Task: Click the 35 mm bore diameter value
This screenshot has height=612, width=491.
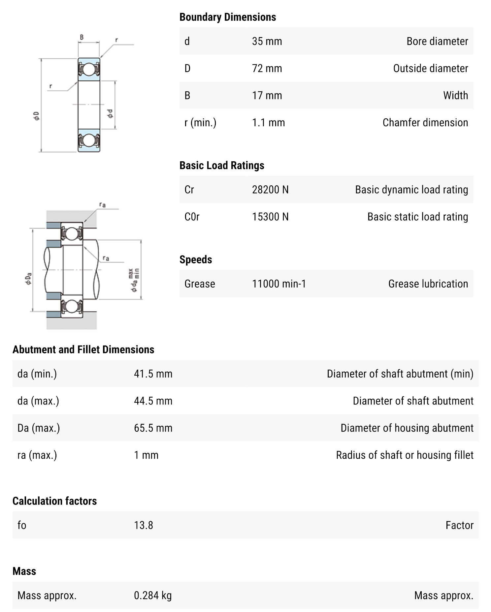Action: (x=267, y=41)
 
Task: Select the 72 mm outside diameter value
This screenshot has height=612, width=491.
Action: (x=267, y=68)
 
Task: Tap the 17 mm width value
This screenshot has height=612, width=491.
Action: (x=267, y=95)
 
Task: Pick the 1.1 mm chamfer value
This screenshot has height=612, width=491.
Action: (x=268, y=122)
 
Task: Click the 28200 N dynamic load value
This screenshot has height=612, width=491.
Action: (x=270, y=190)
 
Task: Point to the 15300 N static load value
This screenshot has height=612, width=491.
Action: (x=270, y=217)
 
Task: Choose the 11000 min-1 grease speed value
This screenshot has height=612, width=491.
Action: (x=279, y=284)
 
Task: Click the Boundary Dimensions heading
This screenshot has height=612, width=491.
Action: (x=227, y=17)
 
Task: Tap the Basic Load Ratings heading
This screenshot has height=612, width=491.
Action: (x=221, y=165)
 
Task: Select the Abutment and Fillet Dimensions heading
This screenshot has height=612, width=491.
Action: (x=83, y=350)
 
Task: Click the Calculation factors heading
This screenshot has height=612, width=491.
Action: (x=54, y=501)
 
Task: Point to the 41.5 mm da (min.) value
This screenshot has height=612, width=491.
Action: (x=153, y=374)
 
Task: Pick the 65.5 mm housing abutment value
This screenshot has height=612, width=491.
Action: (x=153, y=428)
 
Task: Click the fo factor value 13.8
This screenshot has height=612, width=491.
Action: (x=143, y=525)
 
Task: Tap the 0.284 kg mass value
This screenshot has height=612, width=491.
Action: (x=152, y=595)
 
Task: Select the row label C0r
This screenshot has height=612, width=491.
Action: (x=192, y=217)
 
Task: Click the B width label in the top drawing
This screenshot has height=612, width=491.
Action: (x=82, y=37)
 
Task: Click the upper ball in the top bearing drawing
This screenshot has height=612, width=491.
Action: (x=89, y=70)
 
